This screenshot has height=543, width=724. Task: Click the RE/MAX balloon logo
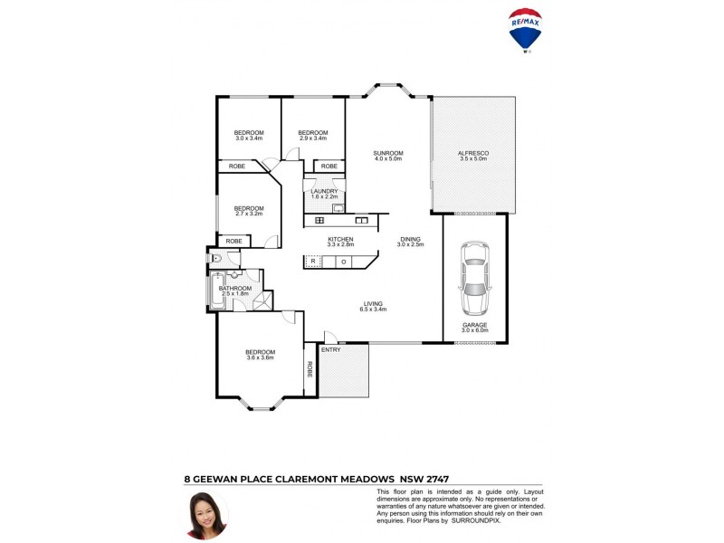point(526,28)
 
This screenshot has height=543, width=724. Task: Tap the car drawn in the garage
point(474,279)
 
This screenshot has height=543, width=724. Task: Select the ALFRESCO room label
point(473,154)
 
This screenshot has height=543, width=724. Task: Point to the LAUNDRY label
point(324,191)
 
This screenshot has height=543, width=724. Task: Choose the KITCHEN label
point(340,239)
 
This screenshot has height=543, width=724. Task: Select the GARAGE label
point(474,325)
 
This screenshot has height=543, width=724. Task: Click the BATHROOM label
point(234,289)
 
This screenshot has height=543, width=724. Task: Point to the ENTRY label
point(331,349)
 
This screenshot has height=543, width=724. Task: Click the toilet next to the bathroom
point(215,259)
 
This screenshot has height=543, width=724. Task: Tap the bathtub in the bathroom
point(217,291)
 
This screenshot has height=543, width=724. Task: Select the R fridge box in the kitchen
point(312,262)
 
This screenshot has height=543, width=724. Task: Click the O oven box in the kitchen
point(343,262)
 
